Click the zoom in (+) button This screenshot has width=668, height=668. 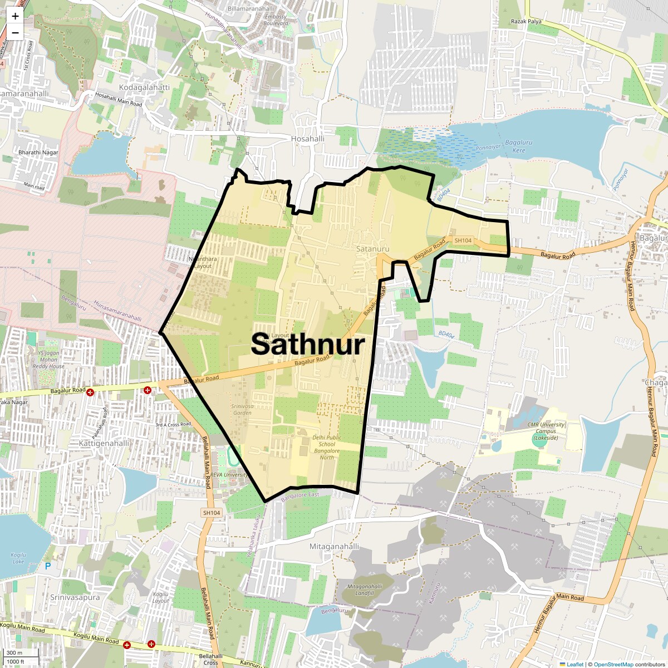point(15,16)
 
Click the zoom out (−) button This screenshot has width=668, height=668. point(15,33)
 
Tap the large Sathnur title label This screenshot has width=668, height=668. point(308,344)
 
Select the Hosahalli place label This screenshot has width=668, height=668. point(307,139)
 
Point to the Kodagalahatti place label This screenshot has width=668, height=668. point(144,87)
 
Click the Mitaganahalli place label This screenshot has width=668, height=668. point(334,547)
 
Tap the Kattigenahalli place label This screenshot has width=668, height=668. point(104,443)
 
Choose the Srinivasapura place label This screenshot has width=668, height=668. point(75,597)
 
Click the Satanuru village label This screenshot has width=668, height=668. point(372,249)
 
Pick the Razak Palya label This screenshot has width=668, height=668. point(526,22)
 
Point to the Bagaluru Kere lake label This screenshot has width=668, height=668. point(518,146)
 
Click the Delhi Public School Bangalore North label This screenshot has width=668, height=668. point(327,448)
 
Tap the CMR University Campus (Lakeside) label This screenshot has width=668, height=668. point(546,431)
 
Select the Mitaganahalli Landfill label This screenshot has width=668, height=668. point(365,590)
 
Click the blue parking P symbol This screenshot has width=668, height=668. point(48,566)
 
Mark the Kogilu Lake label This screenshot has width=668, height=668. point(18,558)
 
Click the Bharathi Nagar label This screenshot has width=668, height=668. point(38,153)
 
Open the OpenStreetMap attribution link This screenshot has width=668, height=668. point(613,664)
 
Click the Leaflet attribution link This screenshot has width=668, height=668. point(575,664)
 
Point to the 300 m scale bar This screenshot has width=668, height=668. point(15,653)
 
